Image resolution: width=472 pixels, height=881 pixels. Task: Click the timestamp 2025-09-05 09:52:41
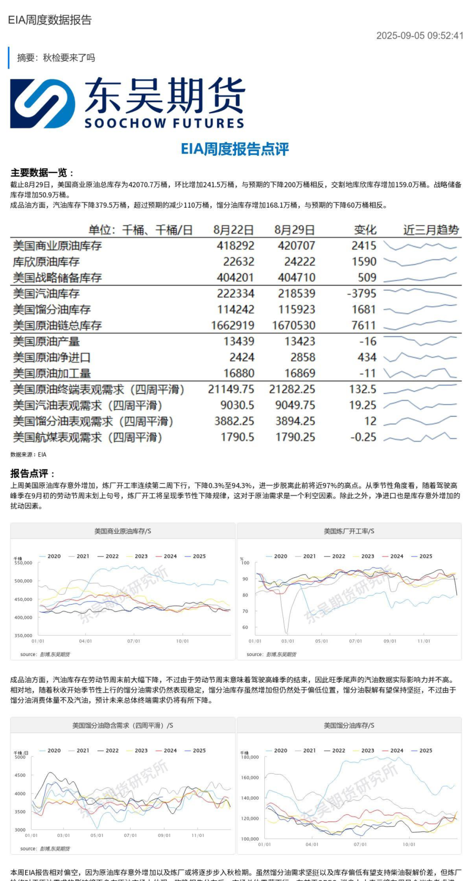tap(420, 36)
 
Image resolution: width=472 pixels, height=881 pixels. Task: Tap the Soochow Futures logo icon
tap(42, 103)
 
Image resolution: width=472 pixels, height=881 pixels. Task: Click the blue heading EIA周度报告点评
tap(235, 149)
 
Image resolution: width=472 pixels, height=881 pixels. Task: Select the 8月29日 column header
tap(295, 230)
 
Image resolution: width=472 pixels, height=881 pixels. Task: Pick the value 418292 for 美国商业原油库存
tap(235, 245)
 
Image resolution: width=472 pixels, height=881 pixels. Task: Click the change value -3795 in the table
tap(361, 293)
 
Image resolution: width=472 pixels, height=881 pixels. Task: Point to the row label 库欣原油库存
tap(46, 261)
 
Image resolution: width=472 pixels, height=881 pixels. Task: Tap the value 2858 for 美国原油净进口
tap(302, 357)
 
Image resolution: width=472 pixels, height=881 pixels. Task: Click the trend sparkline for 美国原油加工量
tap(420, 373)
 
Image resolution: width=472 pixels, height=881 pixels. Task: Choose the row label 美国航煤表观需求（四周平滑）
tap(88, 437)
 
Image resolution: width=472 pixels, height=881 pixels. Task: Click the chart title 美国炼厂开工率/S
tap(349, 531)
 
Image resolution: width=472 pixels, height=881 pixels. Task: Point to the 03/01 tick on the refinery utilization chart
tap(287, 641)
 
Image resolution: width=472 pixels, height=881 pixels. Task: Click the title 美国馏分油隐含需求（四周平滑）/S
tap(123, 725)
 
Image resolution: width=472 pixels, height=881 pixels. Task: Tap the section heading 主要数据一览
tap(42, 173)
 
